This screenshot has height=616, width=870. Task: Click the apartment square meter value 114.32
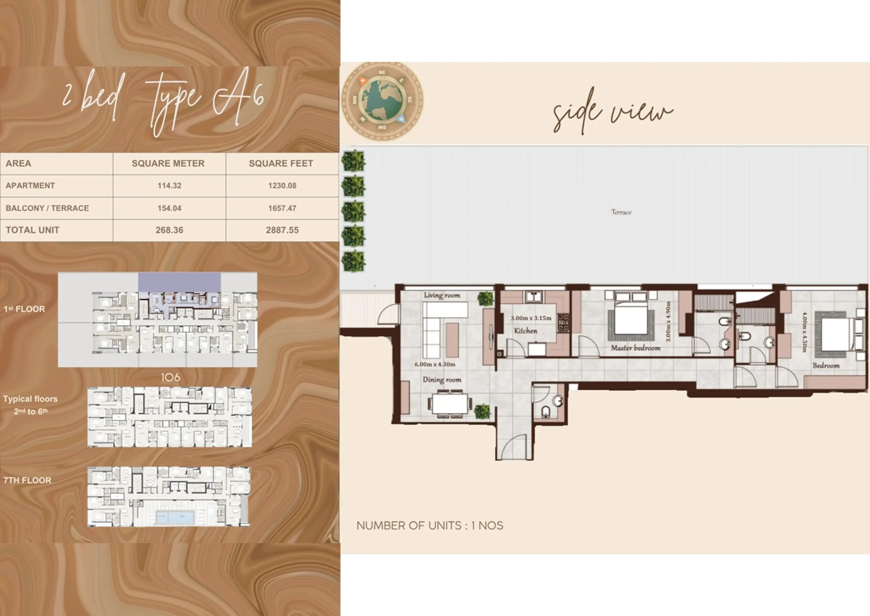(x=170, y=186)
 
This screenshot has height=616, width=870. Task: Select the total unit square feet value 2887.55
(x=282, y=230)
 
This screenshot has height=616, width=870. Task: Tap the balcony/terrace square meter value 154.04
(x=170, y=208)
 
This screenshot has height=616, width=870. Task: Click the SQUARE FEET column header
(x=281, y=164)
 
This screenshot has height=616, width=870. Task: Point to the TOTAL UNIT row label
(x=33, y=230)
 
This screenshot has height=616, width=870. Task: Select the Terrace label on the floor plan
(x=621, y=212)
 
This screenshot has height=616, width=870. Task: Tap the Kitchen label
(x=525, y=331)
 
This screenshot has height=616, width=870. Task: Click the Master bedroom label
(x=636, y=348)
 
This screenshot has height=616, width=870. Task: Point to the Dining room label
(x=442, y=380)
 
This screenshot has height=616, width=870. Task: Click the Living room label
(x=442, y=295)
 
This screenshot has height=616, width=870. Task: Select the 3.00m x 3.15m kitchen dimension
(x=531, y=318)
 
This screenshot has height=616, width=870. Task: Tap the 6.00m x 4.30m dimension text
(x=435, y=364)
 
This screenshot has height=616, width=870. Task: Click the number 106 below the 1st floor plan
(x=171, y=377)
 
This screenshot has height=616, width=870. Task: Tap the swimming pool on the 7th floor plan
(x=175, y=517)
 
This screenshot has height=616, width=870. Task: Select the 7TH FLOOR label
(x=27, y=481)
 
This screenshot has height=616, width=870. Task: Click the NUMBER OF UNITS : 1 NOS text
(x=430, y=526)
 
